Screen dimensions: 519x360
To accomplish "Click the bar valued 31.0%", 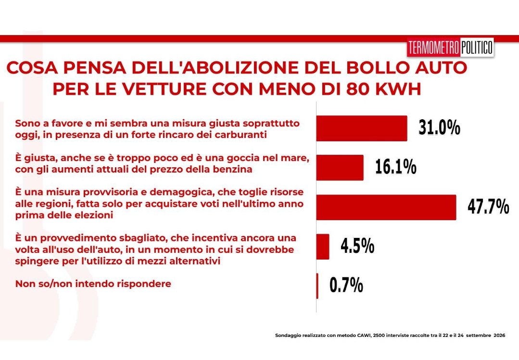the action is (362, 128).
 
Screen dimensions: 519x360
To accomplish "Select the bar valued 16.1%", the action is (340, 167).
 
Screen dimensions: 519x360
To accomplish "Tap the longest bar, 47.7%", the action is (386, 208).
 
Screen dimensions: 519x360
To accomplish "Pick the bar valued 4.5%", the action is (323, 247).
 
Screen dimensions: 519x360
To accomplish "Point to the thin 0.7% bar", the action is (317, 286).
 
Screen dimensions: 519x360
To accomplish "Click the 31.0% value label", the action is (439, 127).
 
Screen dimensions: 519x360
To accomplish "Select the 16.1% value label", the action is (395, 166).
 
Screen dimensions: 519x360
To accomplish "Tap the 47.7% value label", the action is (488, 207).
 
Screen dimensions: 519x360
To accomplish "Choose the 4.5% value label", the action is (357, 246).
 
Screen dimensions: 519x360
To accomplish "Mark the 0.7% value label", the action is (346, 285).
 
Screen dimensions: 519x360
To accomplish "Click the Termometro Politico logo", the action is (451, 47).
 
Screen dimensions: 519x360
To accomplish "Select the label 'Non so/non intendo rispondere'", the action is (93, 284).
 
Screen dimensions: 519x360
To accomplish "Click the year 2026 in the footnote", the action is (499, 335).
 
